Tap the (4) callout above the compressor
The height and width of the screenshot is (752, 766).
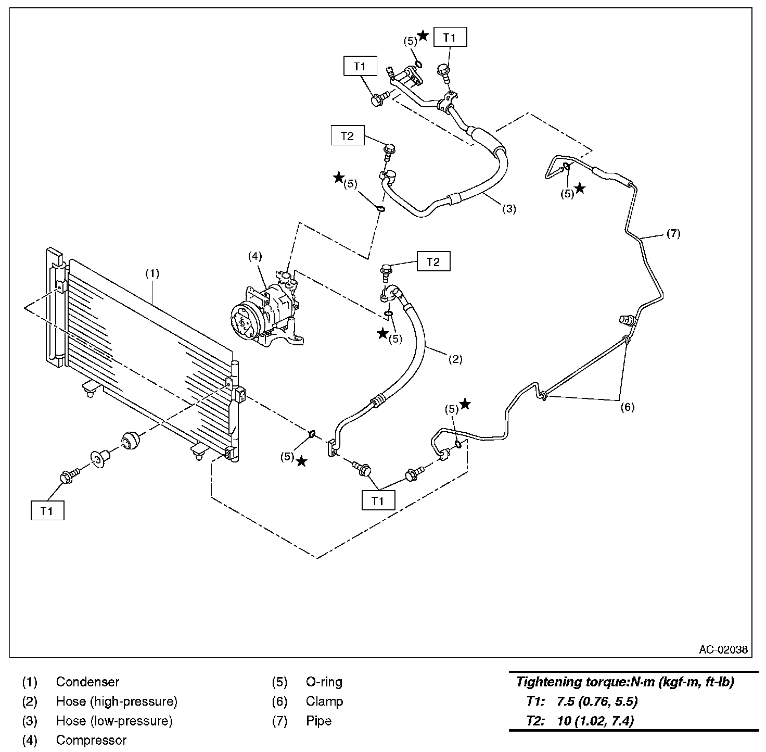[255, 256]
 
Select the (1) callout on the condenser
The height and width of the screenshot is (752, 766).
[152, 274]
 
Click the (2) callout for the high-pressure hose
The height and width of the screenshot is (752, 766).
[455, 359]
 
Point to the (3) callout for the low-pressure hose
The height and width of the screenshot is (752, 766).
[509, 209]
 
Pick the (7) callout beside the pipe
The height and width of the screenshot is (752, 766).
[673, 233]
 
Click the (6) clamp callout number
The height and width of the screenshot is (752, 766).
[628, 407]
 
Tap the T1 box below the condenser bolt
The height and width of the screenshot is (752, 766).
[47, 511]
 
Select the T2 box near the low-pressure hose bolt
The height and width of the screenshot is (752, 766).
[348, 136]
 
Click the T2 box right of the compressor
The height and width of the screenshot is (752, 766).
[433, 261]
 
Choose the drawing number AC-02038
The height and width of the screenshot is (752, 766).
[723, 650]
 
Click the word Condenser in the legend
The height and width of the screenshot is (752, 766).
[87, 682]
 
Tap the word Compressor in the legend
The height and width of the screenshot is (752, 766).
[91, 740]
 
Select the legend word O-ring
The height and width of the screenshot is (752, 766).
[324, 682]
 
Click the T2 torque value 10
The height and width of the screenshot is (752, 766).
[564, 721]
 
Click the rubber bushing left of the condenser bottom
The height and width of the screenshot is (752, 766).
[130, 441]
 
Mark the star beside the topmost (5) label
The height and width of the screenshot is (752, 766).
[424, 35]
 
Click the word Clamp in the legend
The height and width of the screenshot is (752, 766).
[324, 701]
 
